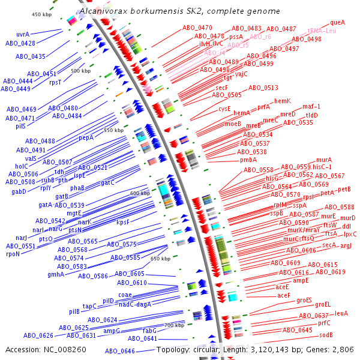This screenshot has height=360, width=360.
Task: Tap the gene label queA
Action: pos(338,22)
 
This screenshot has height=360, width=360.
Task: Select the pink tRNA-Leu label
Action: pos(322,31)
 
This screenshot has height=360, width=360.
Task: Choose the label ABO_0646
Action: pos(120,351)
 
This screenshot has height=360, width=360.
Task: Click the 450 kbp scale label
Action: pos(42,14)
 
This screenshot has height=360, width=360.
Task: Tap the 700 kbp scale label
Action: pos(174,326)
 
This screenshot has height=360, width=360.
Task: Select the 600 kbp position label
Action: pos(139,193)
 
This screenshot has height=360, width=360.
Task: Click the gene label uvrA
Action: pos(23,35)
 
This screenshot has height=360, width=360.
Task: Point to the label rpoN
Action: pos(13,254)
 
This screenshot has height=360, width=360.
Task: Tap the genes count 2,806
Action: pos(343,349)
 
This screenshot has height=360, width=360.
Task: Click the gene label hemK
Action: pos(282,101)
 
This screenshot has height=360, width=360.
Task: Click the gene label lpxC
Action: pos(350,234)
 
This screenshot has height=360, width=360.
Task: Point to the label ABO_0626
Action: pos(38,335)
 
